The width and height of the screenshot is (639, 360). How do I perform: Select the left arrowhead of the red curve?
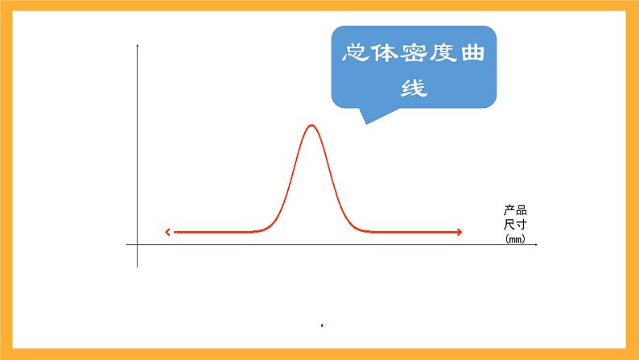pyautogui.click(x=167, y=232)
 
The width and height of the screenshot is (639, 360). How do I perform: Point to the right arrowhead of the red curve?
pyautogui.click(x=460, y=232)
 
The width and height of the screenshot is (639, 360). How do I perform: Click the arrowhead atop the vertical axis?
pyautogui.click(x=138, y=46)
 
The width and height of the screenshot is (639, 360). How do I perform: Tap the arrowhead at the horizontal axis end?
pyautogui.click(x=535, y=243)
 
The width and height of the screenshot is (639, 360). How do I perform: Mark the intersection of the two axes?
pyautogui.click(x=138, y=243)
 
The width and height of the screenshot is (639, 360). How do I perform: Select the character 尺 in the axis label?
pyautogui.click(x=509, y=225)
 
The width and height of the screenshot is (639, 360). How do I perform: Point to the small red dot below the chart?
pyautogui.click(x=322, y=326)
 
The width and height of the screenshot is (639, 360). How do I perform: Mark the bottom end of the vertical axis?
pyautogui.click(x=138, y=266)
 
